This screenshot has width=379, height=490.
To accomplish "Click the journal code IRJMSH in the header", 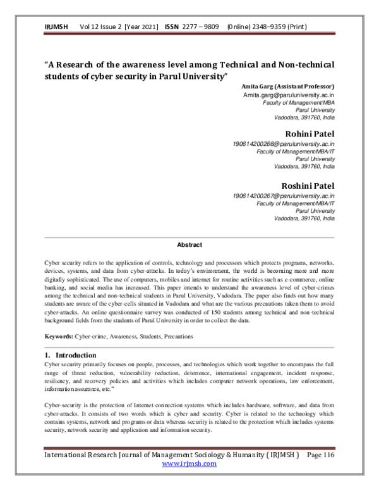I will coord(57,28).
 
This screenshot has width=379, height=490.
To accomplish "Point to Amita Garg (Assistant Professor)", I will coord(288,86).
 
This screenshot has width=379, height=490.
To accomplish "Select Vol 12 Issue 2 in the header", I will coord(100,28).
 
